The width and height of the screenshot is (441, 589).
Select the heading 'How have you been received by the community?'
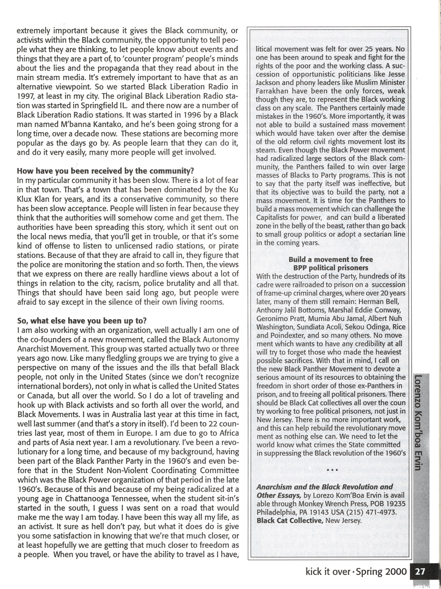105,171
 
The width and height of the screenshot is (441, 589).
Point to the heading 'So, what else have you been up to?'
82,321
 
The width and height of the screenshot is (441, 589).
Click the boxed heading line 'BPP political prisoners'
331,268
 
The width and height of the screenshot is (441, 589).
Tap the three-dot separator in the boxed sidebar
332,470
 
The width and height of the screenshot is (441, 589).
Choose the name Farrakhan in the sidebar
272,91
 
